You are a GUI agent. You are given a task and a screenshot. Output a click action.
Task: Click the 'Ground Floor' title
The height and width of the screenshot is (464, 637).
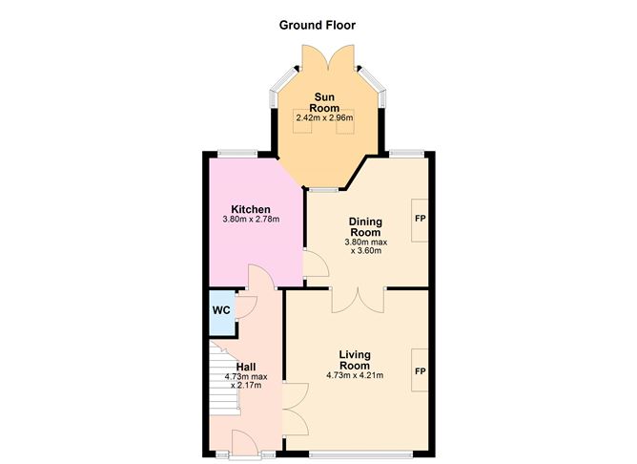(318, 25)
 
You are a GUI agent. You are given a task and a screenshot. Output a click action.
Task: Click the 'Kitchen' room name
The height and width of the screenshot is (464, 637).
(250, 209)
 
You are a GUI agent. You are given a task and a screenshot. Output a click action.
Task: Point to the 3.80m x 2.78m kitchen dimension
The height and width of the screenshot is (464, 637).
(250, 221)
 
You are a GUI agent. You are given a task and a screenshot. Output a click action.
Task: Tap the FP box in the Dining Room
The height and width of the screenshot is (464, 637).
(420, 219)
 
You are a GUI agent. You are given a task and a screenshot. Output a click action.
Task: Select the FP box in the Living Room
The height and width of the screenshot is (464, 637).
(420, 369)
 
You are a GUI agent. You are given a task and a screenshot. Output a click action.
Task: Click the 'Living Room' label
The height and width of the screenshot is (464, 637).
(354, 360)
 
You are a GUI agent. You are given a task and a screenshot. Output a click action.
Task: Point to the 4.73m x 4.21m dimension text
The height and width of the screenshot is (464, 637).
(354, 375)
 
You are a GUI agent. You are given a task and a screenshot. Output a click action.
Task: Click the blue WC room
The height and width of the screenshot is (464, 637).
(220, 311)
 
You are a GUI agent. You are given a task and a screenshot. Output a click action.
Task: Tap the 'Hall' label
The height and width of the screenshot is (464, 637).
(246, 367)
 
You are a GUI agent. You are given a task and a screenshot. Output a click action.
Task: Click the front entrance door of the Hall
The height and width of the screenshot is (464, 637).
(245, 441)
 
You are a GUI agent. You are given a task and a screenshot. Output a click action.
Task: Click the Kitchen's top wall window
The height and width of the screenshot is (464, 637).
(236, 153)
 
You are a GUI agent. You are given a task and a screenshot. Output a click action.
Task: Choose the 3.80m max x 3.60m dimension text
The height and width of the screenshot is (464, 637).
(365, 247)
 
